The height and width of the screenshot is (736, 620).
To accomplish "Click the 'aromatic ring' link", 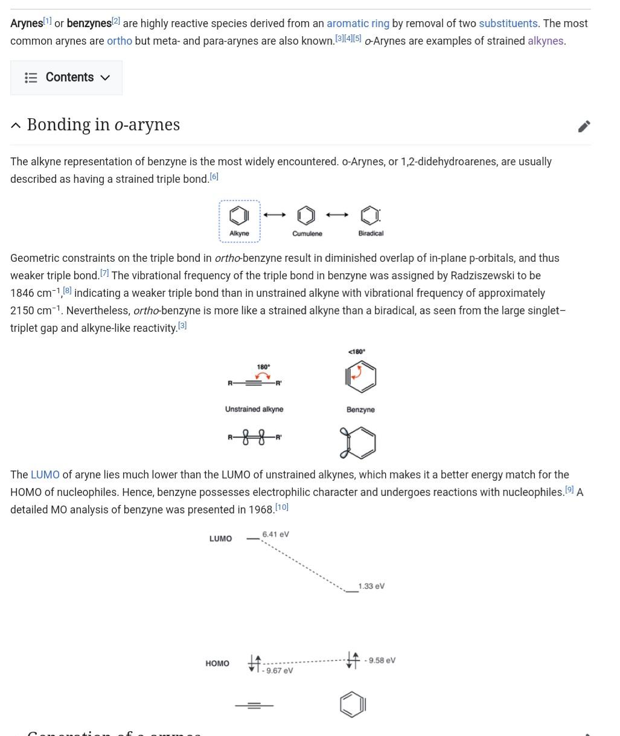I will point(358,24).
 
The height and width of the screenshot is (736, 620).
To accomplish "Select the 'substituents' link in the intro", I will point(508,24).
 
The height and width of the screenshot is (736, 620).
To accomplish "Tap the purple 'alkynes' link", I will point(545,41).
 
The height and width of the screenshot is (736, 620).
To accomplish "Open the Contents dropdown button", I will point(66,78).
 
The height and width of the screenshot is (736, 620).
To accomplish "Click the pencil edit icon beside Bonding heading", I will point(584,126).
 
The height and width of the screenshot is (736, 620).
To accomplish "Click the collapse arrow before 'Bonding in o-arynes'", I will point(16,125).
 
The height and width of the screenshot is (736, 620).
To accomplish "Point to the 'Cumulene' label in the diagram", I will point(307,233).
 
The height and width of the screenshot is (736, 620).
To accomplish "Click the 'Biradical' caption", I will point(371,233).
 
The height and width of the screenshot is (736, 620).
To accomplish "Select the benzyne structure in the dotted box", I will point(239,215).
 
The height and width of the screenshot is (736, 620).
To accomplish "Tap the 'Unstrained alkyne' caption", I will point(254,409).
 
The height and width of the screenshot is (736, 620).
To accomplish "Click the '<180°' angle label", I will point(357,352).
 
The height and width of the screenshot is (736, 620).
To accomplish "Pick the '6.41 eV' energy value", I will point(276,535).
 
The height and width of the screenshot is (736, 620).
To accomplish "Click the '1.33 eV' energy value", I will point(371,586).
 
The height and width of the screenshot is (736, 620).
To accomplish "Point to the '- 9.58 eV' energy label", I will point(380,661).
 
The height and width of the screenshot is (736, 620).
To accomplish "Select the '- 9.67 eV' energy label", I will point(278,671).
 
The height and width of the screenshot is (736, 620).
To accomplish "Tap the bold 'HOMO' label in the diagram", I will point(217,664).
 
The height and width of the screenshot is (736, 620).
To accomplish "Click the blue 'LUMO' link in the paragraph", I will point(45,475).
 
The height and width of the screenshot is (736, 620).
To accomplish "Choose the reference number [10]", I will point(282,507).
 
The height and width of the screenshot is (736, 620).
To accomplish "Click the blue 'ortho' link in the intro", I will point(120,41).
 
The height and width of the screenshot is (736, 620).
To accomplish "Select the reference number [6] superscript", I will point(214,177).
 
